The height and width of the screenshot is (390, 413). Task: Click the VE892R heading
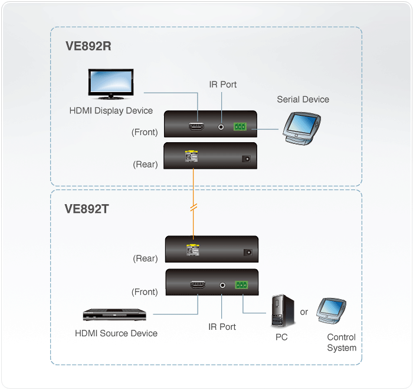[88, 47]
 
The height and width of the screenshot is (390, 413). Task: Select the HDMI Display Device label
[111, 110]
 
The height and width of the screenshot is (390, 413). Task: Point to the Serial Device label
[303, 99]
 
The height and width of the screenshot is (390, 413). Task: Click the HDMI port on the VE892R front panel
[196, 126]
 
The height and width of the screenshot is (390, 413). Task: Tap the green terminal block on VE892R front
[241, 126]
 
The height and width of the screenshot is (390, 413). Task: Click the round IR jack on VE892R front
[221, 126]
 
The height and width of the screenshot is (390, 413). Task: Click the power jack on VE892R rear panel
[247, 158]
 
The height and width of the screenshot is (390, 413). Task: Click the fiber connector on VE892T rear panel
[191, 251]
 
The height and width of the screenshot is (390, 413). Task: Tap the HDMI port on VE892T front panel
[196, 285]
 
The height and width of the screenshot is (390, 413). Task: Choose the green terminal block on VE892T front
[242, 285]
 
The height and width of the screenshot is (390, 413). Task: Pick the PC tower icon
[282, 312]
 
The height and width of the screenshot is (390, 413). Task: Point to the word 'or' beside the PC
[304, 312]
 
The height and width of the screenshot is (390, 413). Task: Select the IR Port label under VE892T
[222, 326]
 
